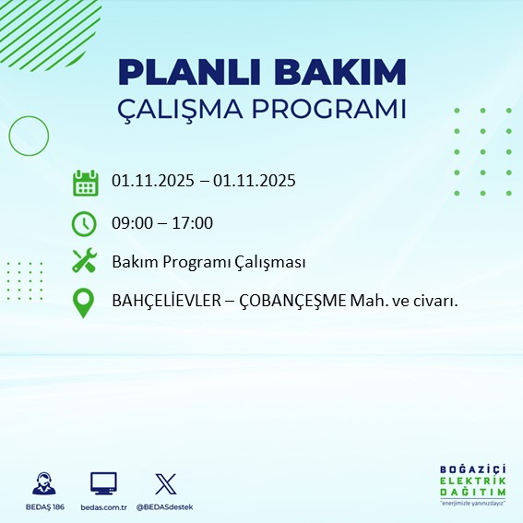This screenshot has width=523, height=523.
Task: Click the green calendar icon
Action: click(85, 183)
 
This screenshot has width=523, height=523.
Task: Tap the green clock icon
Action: click(84, 223)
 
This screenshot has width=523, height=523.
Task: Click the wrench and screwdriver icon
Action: click(84, 262)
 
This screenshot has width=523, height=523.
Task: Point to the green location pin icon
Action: click(84, 302)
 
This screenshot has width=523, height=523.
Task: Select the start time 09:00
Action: click(131, 223)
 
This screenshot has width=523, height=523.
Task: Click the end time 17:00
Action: click(194, 223)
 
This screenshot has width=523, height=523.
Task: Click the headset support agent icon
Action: click(43, 483)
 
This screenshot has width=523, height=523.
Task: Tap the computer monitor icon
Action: click(103, 483)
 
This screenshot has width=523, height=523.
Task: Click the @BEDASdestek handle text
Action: click(164, 507)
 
